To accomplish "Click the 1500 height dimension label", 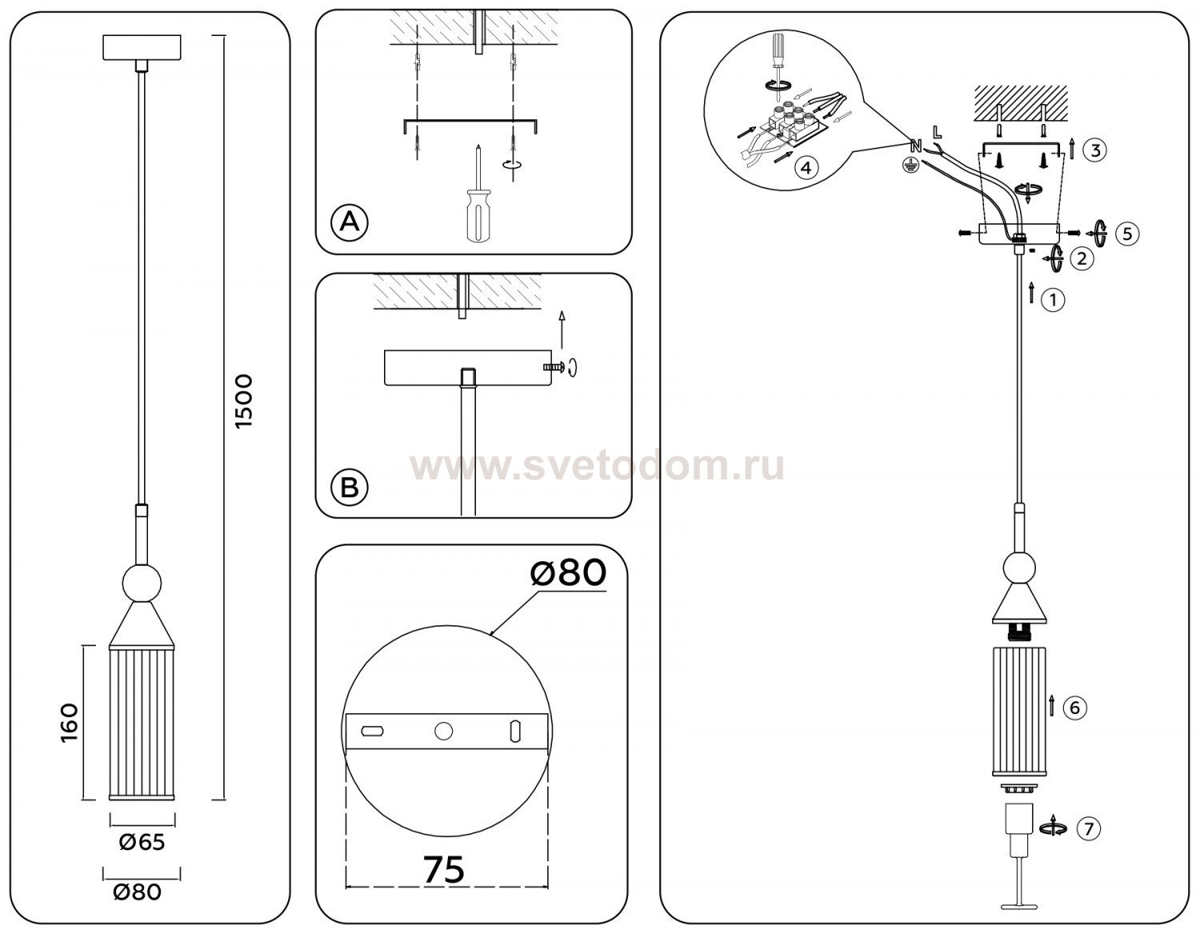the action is (243, 402).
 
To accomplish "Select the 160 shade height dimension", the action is (70, 723).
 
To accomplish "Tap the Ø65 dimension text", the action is (142, 842).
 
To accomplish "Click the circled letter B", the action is (349, 487).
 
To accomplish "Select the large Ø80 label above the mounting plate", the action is (568, 573).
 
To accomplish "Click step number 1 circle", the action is (1053, 300).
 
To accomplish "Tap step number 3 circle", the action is (1095, 150).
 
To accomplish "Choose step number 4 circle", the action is (806, 167).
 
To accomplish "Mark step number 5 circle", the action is (1127, 233).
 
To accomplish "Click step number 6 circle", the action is (1074, 708).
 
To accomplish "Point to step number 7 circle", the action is (1089, 828).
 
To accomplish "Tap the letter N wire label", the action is (916, 146).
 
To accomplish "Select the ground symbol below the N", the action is (914, 163).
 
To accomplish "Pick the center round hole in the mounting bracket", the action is (443, 732).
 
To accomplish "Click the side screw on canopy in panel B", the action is (554, 367).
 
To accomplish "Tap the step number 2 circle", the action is (1082, 258).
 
